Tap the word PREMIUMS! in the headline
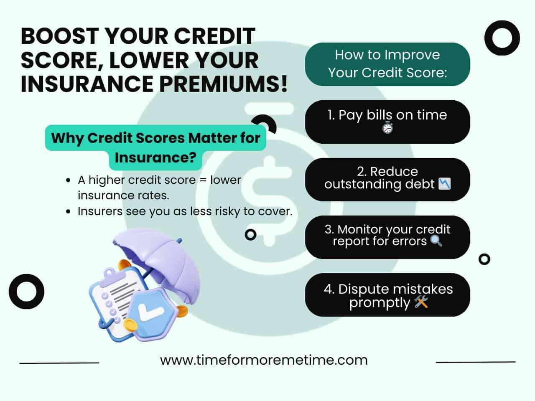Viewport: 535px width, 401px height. point(223,84)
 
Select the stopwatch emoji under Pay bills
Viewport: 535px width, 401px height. point(387,127)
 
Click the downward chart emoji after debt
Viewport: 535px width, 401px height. point(444,183)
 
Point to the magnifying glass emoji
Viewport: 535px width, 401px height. point(436,241)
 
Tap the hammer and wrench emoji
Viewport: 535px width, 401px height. point(421,302)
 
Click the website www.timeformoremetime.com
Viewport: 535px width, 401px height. point(264,360)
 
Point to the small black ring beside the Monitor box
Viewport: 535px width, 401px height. point(484,254)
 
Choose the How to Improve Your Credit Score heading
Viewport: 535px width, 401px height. point(387,64)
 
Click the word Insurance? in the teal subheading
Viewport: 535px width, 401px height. point(155,157)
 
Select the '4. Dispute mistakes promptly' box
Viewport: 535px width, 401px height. point(387,294)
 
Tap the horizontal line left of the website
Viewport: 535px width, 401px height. point(59,363)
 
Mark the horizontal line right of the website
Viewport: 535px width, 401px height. point(476,362)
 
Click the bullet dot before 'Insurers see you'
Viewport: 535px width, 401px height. point(68,211)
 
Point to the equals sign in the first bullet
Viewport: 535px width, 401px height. point(203,180)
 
